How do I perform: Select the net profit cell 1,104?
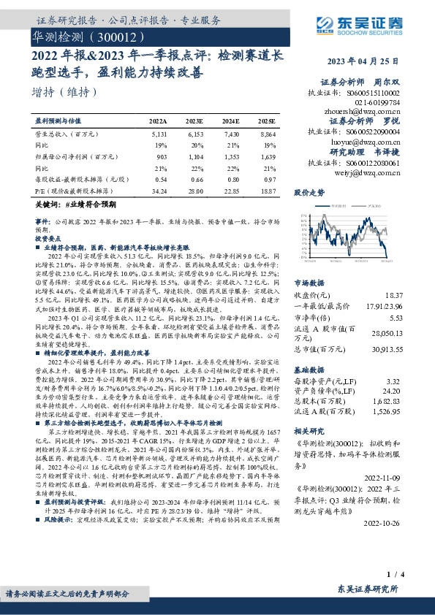194,156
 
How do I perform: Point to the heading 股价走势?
309,194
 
